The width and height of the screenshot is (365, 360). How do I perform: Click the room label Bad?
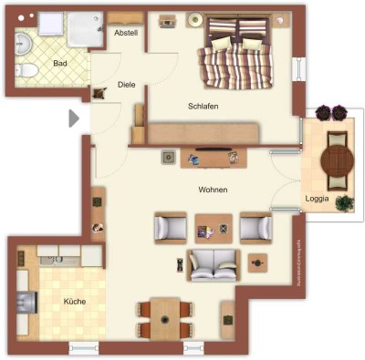click(x=60, y=63)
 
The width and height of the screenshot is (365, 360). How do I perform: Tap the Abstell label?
click(x=125, y=33)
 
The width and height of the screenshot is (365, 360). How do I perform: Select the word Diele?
click(x=126, y=85)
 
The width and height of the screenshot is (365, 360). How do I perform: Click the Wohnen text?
click(x=213, y=190)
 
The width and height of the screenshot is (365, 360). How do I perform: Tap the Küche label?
click(x=75, y=300)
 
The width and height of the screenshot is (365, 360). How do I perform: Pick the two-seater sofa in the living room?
click(x=214, y=263)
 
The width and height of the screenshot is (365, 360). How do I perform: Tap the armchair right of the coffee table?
click(x=255, y=226)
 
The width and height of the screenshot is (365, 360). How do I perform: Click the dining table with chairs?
click(x=164, y=319)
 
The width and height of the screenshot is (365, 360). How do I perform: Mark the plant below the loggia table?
click(x=344, y=203)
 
